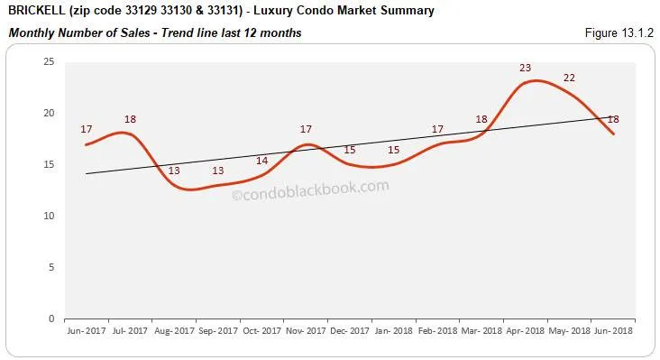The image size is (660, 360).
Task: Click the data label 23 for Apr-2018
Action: click(525, 68)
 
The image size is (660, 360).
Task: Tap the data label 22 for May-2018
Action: click(569, 78)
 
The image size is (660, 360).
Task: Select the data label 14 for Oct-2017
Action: click(262, 161)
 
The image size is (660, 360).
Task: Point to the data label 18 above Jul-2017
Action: click(131, 119)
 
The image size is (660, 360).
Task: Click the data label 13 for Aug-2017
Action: click(174, 171)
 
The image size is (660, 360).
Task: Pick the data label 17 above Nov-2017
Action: click(306, 129)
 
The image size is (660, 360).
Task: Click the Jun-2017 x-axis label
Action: click(86, 331)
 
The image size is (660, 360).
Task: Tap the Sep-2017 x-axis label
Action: click(217, 331)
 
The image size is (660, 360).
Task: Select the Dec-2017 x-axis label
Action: click(349, 331)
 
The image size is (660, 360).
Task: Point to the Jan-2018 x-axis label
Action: click(393, 331)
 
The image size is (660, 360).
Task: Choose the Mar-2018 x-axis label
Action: click(481, 331)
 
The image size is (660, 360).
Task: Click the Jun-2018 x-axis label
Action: click(613, 331)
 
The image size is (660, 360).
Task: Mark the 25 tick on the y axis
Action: click(49, 61)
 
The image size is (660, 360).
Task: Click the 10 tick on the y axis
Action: click(49, 216)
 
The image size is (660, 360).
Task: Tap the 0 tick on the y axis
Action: click(51, 318)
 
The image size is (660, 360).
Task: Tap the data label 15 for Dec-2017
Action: click(350, 150)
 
